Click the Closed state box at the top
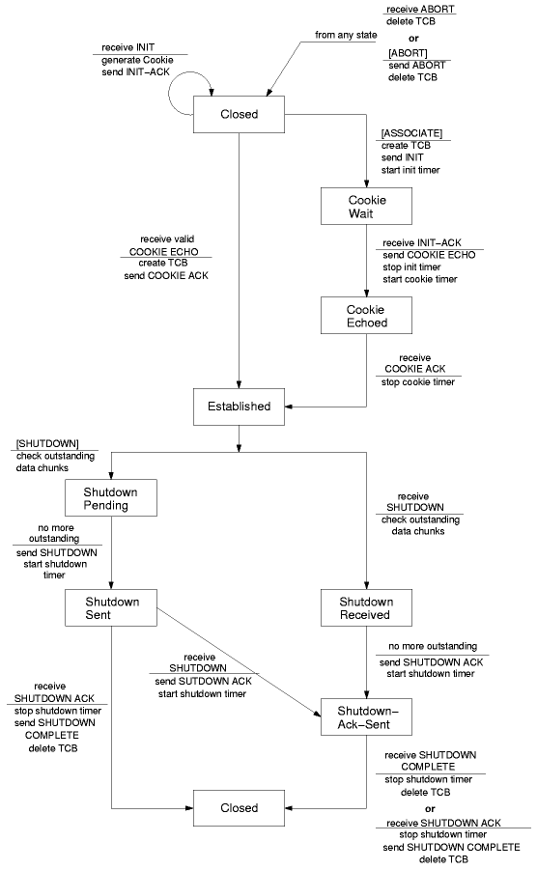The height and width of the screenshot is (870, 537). click(x=240, y=114)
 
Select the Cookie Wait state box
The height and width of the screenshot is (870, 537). click(x=366, y=207)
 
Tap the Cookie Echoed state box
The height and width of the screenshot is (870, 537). click(x=366, y=316)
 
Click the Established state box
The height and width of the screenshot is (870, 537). click(x=240, y=407)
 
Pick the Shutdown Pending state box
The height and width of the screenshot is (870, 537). click(x=111, y=498)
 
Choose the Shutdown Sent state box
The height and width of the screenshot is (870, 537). click(x=111, y=608)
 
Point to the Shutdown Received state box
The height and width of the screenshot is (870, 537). click(x=366, y=608)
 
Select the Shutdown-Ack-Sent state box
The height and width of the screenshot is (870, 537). click(x=366, y=717)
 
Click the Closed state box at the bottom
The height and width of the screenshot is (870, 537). click(x=240, y=808)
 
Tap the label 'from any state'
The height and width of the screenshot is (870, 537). click(x=346, y=35)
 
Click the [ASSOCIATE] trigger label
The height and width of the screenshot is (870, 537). click(x=411, y=133)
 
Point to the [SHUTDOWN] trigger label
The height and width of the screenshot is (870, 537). click(x=47, y=444)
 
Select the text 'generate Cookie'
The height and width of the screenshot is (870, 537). click(x=137, y=60)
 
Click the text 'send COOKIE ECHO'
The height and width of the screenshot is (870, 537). click(x=429, y=255)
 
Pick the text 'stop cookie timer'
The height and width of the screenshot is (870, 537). click(x=418, y=382)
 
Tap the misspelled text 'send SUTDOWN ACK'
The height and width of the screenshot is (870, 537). click(x=203, y=682)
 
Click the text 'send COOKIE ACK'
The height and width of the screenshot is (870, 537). click(x=166, y=276)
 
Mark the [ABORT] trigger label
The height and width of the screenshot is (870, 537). click(x=408, y=53)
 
